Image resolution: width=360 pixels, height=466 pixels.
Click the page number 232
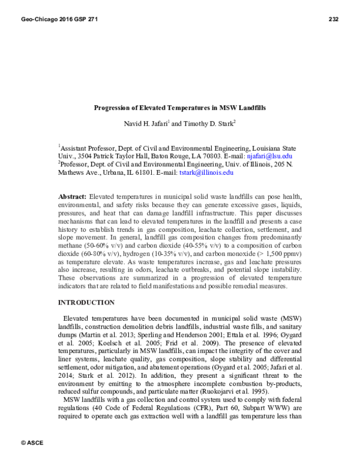point(334,19)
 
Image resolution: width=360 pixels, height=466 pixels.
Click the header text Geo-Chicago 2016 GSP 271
point(59,19)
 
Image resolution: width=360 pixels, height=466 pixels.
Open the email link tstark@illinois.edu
point(206,172)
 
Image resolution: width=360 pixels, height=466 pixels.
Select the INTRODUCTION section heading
point(86,303)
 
